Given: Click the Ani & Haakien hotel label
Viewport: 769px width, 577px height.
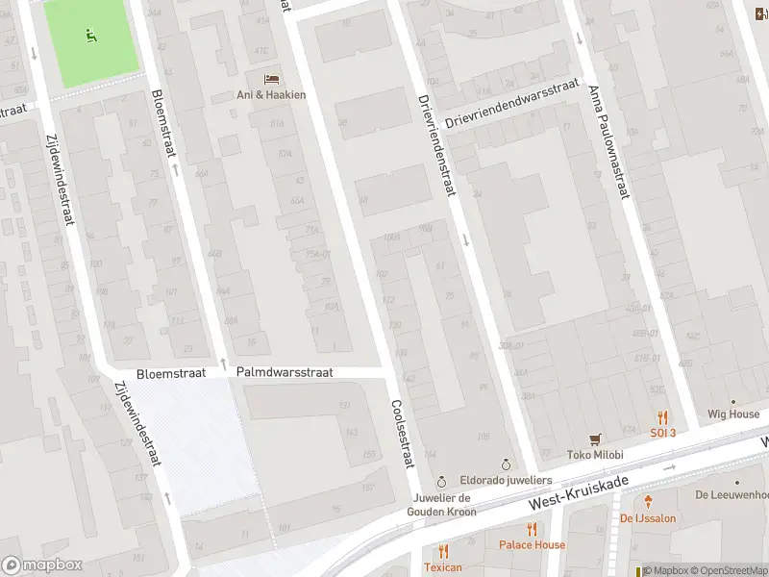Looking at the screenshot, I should (271, 93).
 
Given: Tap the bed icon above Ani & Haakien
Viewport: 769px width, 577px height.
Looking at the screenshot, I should (271, 78).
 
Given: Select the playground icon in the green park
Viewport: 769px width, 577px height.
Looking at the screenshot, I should (91, 37).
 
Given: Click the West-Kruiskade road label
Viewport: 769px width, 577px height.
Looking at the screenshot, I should (579, 492).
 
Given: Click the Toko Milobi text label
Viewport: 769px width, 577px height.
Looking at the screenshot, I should (595, 455).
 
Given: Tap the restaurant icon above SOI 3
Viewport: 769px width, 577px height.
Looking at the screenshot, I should (662, 417).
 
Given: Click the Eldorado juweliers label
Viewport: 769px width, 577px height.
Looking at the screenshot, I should (506, 479).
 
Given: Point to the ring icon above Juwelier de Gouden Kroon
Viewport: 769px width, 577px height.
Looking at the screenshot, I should (441, 481).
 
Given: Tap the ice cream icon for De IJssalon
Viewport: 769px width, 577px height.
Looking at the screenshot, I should (649, 501).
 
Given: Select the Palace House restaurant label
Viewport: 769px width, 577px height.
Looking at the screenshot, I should (532, 544).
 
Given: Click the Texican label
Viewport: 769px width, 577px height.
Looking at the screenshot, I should (442, 567).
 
